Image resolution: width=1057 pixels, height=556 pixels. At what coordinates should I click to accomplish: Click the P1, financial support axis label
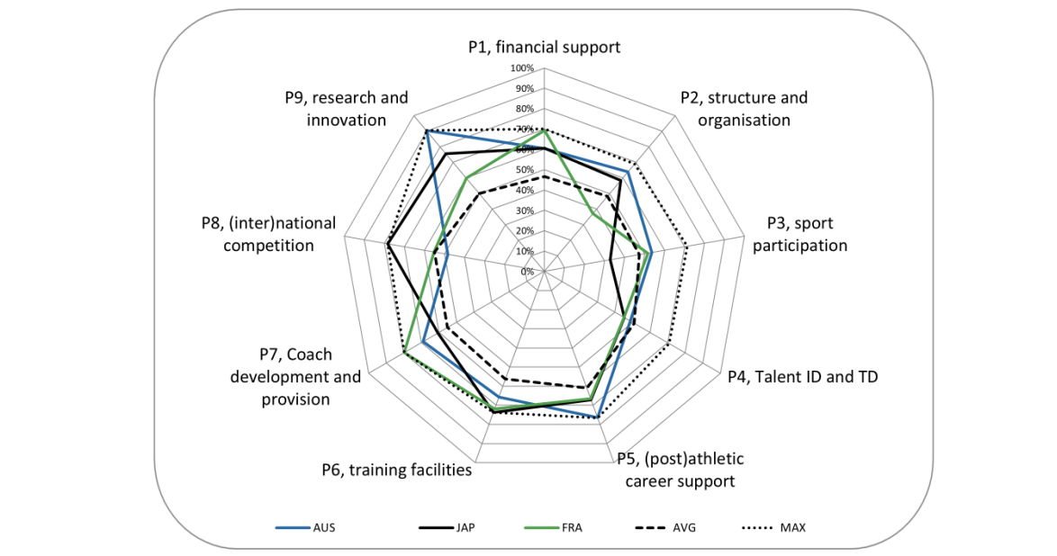(x=544, y=47)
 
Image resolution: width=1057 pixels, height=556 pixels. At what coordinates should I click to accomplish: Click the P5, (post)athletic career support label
(x=680, y=469)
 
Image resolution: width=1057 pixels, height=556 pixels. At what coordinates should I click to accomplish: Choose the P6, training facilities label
(x=396, y=469)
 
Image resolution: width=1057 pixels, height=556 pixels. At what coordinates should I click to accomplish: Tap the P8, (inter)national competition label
(x=268, y=234)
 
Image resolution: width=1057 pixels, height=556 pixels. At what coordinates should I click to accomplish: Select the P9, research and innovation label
(x=340, y=109)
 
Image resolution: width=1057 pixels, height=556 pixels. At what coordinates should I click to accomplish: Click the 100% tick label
(x=522, y=68)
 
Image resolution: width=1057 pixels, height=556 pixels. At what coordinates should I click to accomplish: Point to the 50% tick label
(x=524, y=170)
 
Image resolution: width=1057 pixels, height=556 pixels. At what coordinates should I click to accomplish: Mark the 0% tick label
(x=527, y=271)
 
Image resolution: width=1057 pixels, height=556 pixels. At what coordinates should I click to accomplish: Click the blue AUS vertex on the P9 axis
(x=426, y=130)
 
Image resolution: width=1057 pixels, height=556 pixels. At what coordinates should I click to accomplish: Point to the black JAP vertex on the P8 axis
(x=387, y=244)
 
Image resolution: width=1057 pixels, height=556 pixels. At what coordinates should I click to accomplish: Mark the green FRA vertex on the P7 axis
(x=403, y=353)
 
